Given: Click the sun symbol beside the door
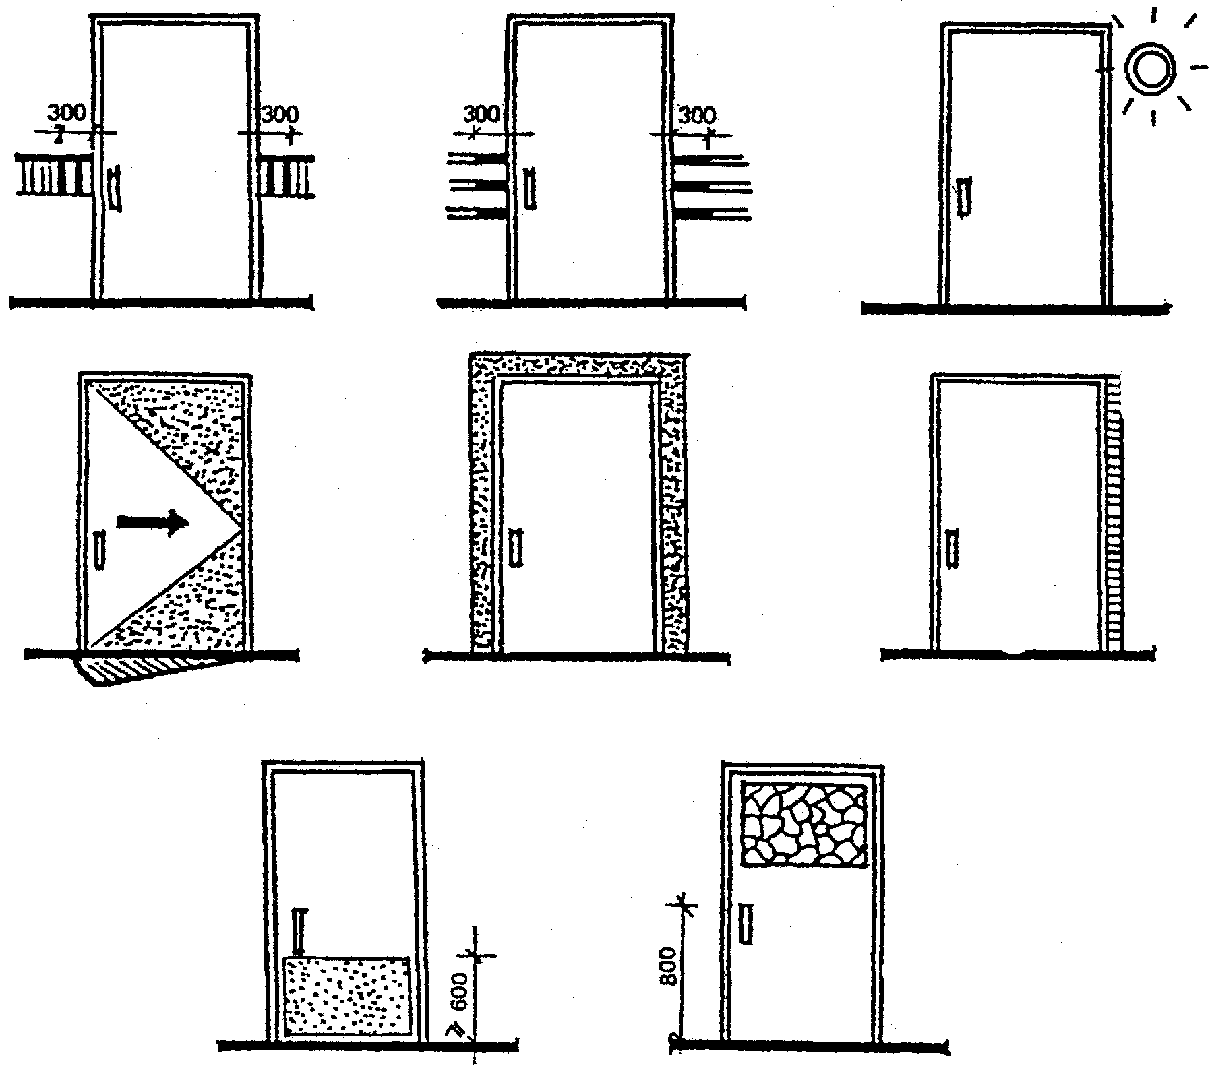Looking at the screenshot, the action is point(1151,69).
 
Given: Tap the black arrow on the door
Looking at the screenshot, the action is point(152,522).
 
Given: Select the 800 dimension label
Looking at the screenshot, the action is point(668,966).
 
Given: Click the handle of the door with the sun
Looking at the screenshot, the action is point(965,197).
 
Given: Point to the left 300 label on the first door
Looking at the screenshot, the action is point(67,113).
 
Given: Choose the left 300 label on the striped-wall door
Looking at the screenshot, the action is point(483,113).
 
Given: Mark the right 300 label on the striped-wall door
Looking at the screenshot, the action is point(697,115).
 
